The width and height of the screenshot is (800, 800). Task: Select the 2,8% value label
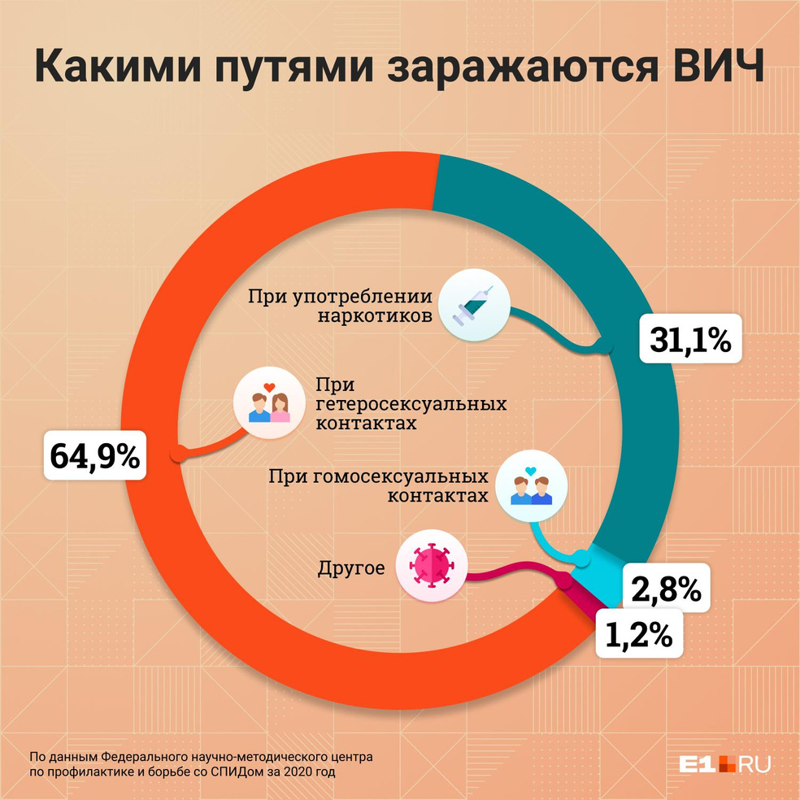click(666, 589)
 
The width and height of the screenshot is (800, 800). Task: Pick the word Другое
click(351, 567)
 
